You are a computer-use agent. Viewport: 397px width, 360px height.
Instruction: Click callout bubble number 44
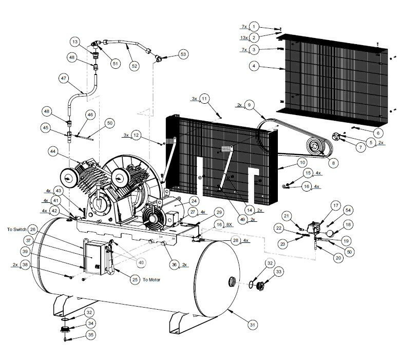[53, 151]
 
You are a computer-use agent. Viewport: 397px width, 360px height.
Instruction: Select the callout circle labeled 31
[252, 325]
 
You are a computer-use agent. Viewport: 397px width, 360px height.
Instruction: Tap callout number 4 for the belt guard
[253, 66]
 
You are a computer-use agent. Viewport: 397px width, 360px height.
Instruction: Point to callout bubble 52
[134, 66]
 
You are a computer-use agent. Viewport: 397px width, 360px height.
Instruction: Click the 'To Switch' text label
[16, 229]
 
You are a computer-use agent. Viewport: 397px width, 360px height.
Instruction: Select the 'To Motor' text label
[152, 280]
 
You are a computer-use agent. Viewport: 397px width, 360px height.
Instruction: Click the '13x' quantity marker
[244, 37]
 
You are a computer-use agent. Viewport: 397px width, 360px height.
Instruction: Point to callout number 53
[183, 54]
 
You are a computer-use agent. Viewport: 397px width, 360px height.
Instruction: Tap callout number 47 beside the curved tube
[64, 79]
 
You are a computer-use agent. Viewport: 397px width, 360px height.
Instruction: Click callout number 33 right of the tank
[279, 271]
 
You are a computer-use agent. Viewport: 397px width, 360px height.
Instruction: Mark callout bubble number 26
[32, 229]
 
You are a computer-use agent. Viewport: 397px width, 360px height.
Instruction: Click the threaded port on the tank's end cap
[232, 281]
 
